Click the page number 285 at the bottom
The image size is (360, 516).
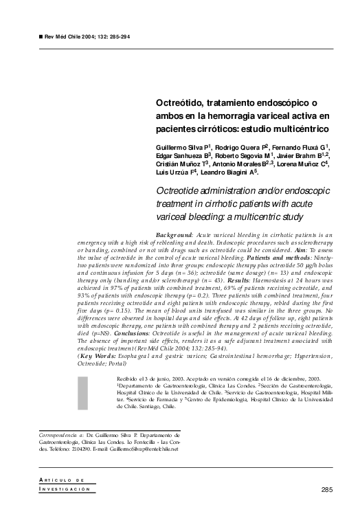(x=328, y=489)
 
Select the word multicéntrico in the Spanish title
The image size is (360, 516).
(x=298, y=128)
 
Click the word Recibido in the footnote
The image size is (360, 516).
(x=127, y=378)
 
